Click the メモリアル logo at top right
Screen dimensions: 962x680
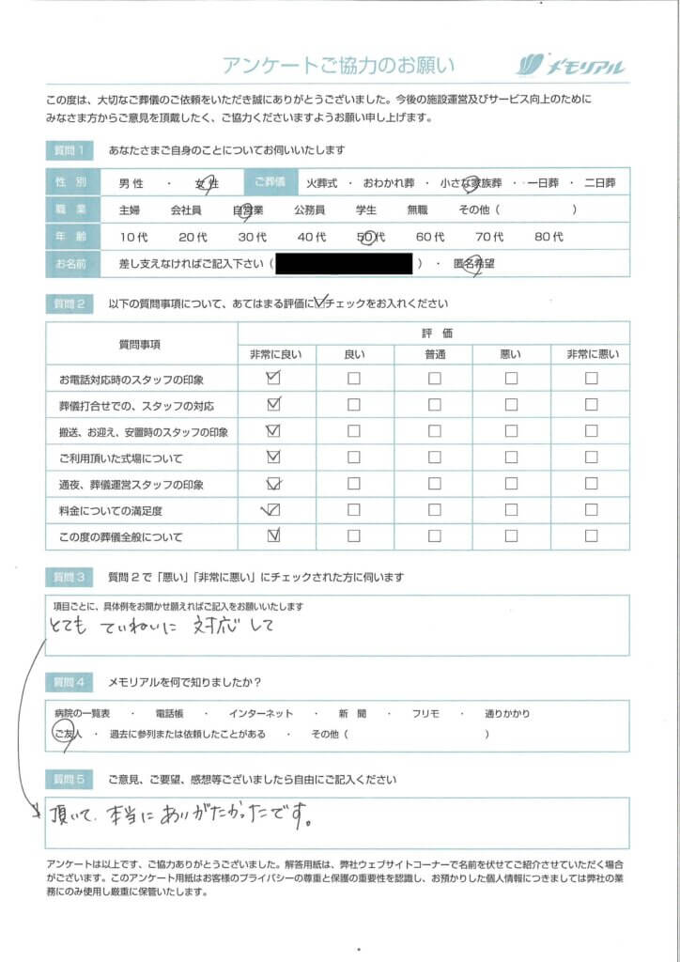click(570, 65)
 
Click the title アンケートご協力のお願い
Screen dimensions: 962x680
click(338, 65)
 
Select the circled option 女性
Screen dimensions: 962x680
click(206, 184)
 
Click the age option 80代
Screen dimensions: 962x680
click(549, 238)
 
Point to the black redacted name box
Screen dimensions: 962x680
click(345, 264)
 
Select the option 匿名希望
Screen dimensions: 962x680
click(474, 264)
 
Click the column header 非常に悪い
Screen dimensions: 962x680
click(591, 353)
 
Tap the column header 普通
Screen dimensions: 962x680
click(434, 353)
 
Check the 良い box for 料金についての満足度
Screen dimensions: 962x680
click(354, 511)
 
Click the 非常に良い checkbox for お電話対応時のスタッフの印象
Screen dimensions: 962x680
click(274, 379)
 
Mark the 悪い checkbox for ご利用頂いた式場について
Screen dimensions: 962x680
click(511, 458)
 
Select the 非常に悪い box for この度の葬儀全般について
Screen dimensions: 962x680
click(591, 537)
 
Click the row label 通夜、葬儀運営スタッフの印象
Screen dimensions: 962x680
click(131, 485)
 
